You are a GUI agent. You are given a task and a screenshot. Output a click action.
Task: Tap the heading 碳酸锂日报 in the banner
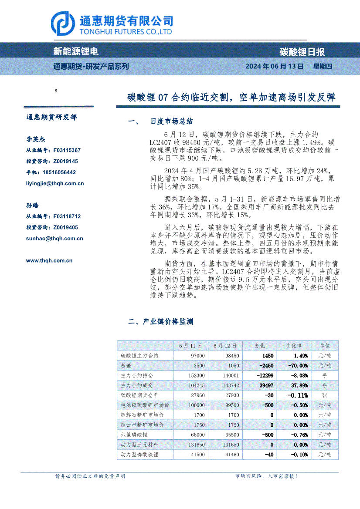(x=302, y=52)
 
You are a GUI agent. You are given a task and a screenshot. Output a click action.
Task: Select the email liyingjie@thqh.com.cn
(x=55, y=183)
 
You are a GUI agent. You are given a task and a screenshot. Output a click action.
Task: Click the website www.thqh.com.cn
(x=49, y=260)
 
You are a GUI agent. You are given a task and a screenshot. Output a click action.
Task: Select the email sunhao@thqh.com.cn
(x=54, y=238)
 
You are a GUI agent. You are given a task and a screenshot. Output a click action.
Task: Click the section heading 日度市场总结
(x=171, y=121)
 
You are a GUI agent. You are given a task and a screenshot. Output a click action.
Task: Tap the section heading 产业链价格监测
(x=167, y=322)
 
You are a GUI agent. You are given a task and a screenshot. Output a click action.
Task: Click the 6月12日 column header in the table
(x=225, y=346)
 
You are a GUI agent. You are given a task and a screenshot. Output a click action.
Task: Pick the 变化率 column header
(x=294, y=346)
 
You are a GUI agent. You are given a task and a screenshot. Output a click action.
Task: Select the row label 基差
(x=126, y=365)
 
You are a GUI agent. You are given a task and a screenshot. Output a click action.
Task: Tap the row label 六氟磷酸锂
(x=134, y=435)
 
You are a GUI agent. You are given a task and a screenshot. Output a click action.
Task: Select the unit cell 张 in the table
(x=325, y=395)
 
